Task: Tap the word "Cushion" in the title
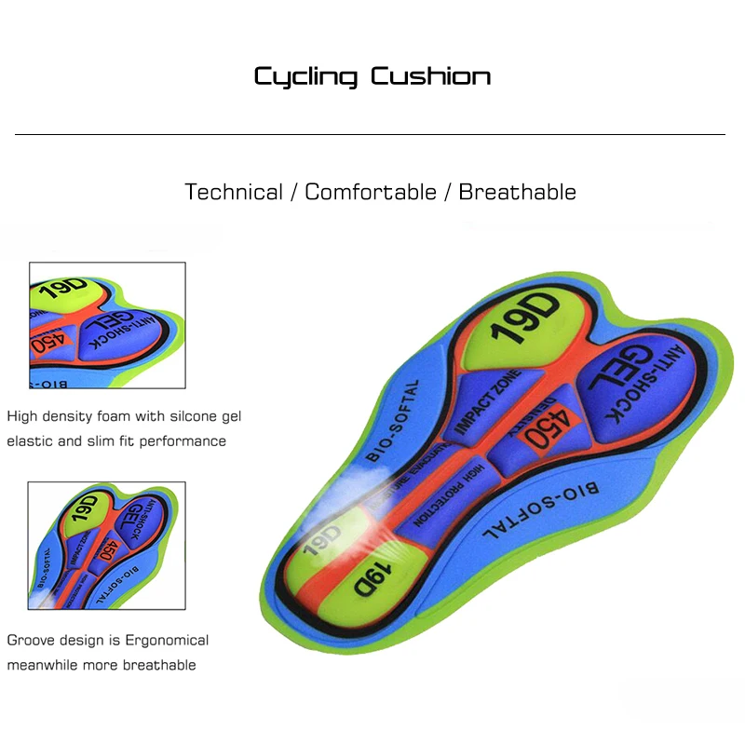[430, 75]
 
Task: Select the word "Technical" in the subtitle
[234, 192]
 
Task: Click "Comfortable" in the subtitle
[371, 192]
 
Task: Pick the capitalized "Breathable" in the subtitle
[517, 192]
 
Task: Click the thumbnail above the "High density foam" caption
[106, 326]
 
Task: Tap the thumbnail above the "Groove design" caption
[106, 545]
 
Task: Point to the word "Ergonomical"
[164, 640]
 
